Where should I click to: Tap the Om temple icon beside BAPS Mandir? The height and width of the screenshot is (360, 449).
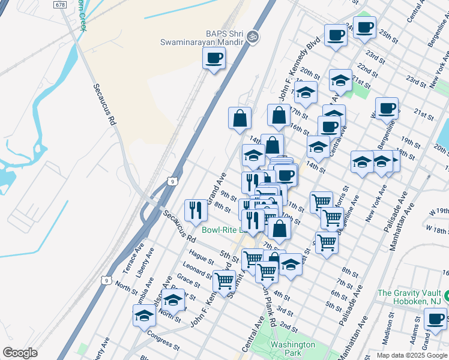[253, 37]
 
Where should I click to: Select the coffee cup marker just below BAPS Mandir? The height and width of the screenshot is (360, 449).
[214, 58]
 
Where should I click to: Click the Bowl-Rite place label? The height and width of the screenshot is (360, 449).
[222, 230]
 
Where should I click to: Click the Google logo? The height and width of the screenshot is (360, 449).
[20, 353]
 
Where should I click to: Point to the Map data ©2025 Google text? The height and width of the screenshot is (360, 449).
[412, 355]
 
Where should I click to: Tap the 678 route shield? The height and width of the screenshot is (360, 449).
[60, 4]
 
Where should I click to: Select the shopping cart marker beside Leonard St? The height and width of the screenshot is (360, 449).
[224, 280]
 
